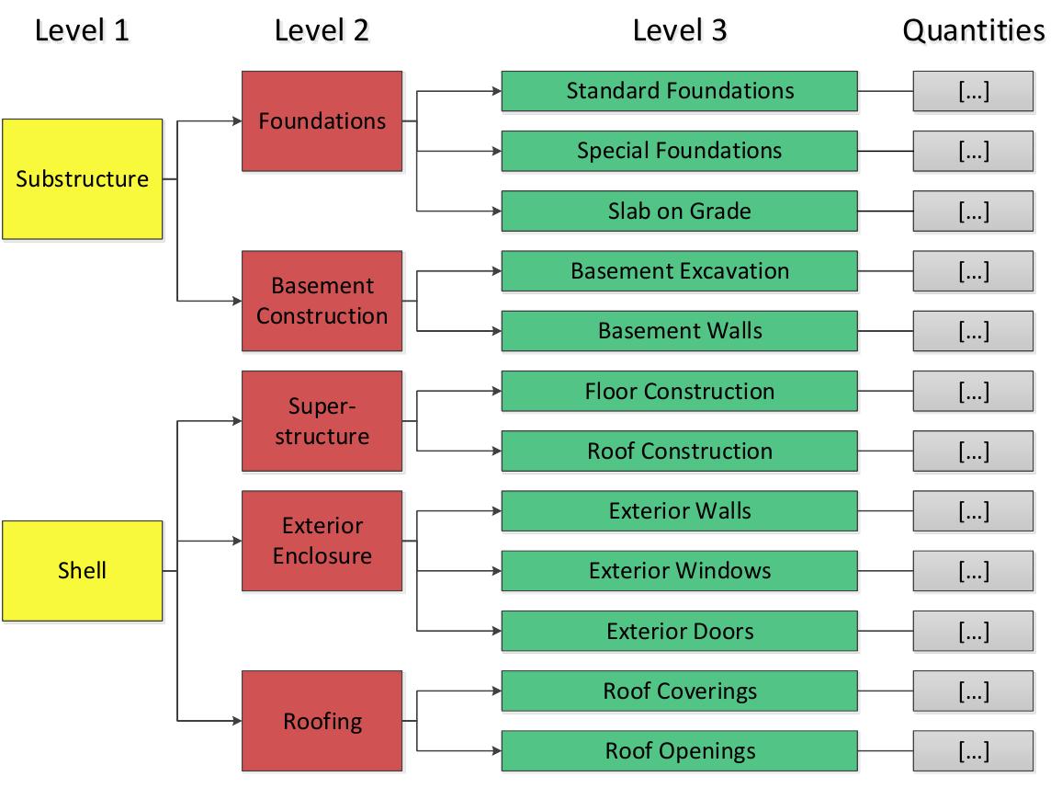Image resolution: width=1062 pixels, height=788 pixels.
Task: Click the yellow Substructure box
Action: pyautogui.click(x=82, y=178)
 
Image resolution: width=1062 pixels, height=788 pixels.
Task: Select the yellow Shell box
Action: pyautogui.click(x=82, y=570)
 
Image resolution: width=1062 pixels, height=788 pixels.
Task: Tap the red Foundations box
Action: pyautogui.click(x=322, y=120)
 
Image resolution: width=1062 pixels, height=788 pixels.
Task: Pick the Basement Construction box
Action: pyautogui.click(x=322, y=301)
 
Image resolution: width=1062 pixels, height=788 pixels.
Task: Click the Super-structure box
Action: pyautogui.click(x=322, y=420)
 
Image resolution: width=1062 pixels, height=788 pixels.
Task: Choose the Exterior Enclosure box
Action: pyautogui.click(x=322, y=541)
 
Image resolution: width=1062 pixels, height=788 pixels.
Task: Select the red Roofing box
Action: pyautogui.click(x=322, y=721)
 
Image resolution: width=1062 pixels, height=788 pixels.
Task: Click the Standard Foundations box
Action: pyautogui.click(x=679, y=91)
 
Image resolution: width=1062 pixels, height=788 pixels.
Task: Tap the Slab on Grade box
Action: pyautogui.click(x=679, y=211)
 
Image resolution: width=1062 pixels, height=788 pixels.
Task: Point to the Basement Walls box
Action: pyautogui.click(x=679, y=331)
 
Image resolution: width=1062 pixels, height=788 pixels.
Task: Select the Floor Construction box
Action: pyautogui.click(x=679, y=391)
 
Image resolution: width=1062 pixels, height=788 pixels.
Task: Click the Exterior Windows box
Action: pyautogui.click(x=679, y=571)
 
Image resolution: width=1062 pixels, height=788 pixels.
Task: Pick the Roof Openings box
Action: pyautogui.click(x=679, y=750)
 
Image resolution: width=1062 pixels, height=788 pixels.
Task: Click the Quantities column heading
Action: pyautogui.click(x=973, y=30)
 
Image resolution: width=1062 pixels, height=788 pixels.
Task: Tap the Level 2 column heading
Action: pyautogui.click(x=322, y=30)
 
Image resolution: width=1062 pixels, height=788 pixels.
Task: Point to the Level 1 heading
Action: pyautogui.click(x=82, y=30)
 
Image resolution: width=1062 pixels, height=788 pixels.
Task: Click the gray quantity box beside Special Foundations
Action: pyautogui.click(x=973, y=151)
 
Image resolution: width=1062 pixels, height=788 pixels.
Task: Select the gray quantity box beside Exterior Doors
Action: pyautogui.click(x=973, y=631)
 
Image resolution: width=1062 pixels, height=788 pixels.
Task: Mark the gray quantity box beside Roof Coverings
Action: pyautogui.click(x=973, y=691)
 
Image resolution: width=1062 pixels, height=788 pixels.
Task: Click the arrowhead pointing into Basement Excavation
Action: pyautogui.click(x=495, y=271)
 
